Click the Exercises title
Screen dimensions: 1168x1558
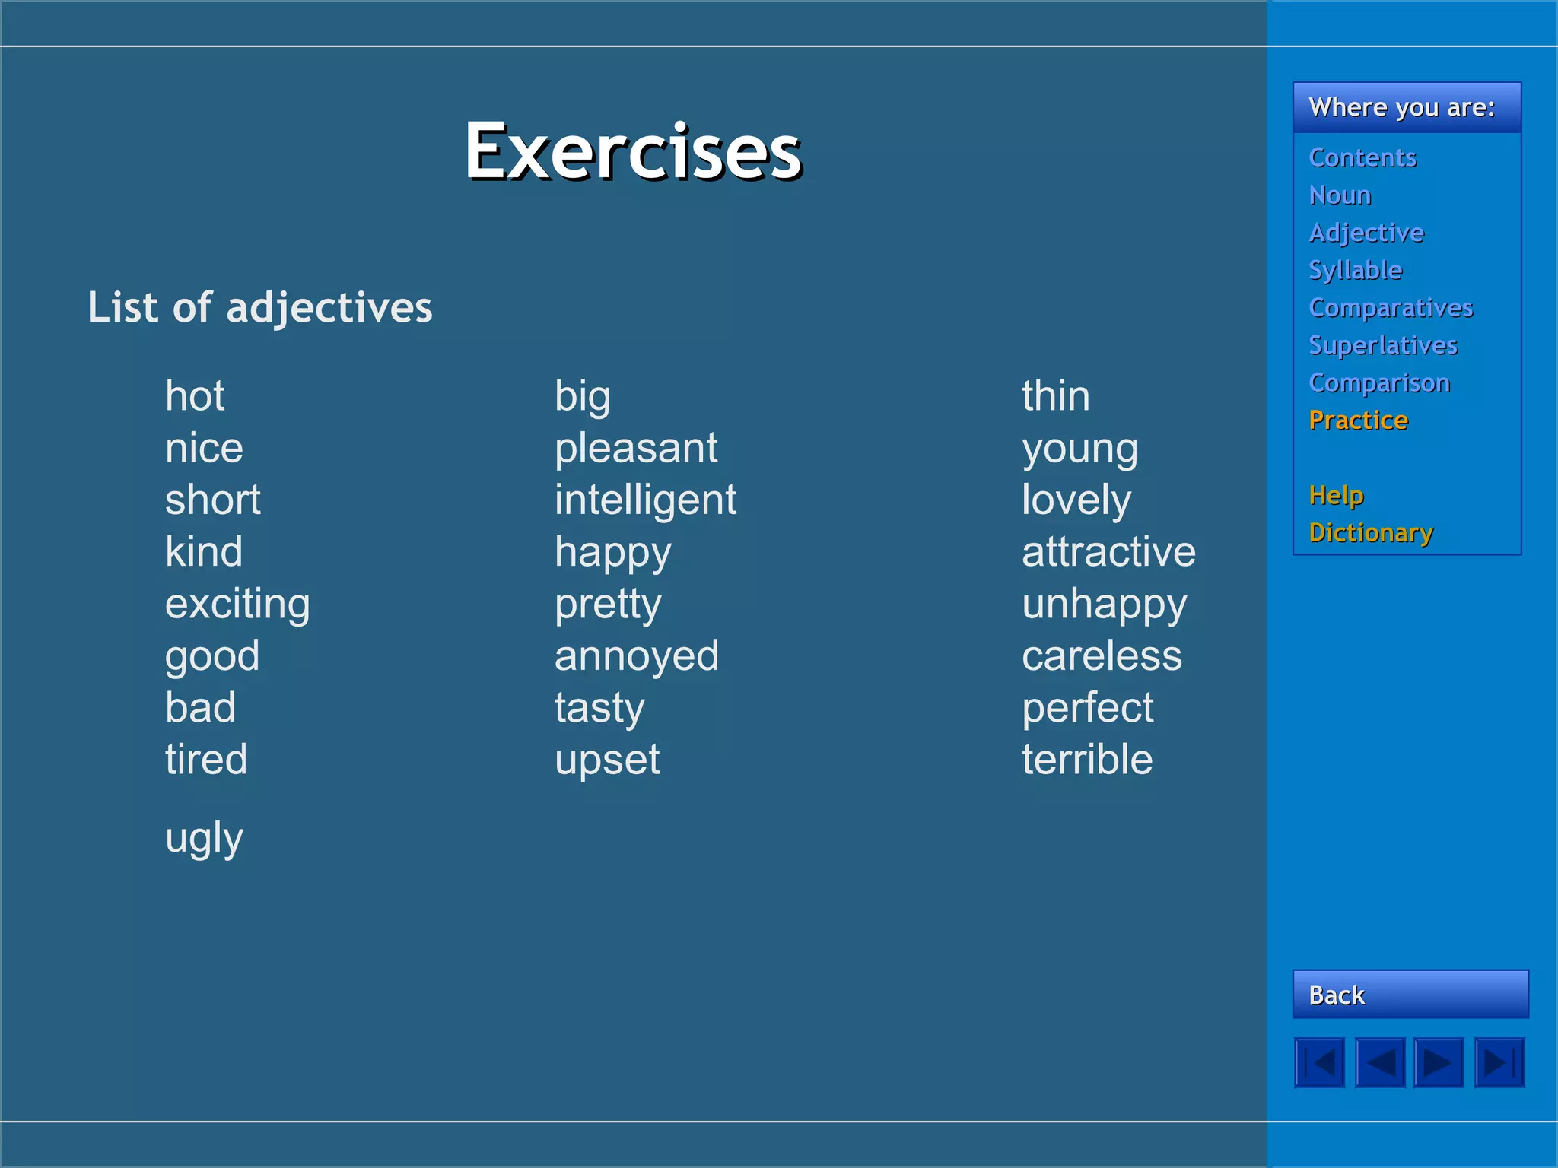click(633, 152)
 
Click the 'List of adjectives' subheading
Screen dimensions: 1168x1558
click(259, 308)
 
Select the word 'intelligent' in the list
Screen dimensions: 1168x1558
click(645, 500)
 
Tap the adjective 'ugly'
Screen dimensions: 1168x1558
click(204, 839)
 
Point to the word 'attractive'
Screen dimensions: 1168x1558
click(1108, 552)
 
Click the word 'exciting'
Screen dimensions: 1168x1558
click(237, 605)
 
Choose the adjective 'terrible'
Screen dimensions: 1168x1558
click(1087, 760)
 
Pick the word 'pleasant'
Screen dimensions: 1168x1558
click(636, 448)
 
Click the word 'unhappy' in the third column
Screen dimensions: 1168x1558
click(1104, 605)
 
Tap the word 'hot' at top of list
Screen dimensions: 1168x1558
click(195, 396)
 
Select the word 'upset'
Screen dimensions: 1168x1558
click(607, 760)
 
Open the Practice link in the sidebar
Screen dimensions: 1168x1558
click(1358, 421)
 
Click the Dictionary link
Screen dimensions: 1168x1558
click(1371, 533)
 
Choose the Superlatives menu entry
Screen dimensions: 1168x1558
click(1382, 345)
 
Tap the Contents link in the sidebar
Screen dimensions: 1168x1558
click(1362, 157)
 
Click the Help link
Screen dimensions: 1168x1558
click(1336, 495)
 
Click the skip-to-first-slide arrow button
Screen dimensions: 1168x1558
click(1320, 1062)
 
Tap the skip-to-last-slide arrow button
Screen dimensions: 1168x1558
click(1499, 1062)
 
